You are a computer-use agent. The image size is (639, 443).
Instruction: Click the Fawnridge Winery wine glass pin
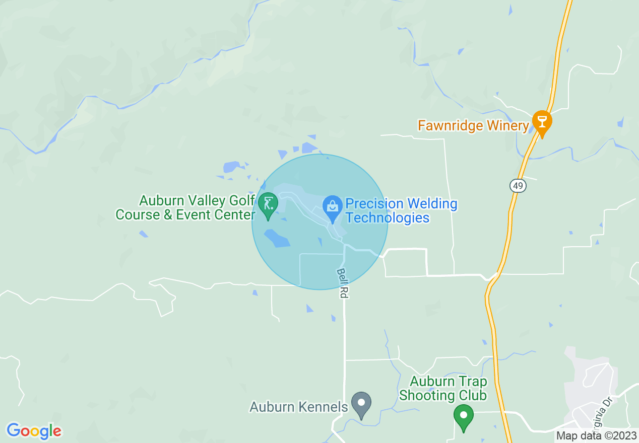click(542, 122)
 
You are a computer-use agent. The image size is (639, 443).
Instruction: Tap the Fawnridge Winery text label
click(473, 125)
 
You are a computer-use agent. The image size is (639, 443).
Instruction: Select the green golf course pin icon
click(268, 205)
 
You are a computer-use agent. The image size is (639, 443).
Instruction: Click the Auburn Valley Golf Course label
click(185, 207)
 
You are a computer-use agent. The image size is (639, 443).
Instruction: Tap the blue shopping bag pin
click(333, 207)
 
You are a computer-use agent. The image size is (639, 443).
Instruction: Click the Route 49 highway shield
click(518, 186)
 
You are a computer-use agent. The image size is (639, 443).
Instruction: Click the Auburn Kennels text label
click(299, 407)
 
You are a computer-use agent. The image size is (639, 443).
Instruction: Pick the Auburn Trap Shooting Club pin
click(463, 416)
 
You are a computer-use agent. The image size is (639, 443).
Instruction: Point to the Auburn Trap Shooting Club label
click(443, 388)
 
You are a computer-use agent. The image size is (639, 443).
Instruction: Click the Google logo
click(34, 431)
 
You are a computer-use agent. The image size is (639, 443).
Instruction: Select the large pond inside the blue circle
click(276, 238)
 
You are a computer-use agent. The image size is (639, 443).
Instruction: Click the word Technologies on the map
click(388, 217)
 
